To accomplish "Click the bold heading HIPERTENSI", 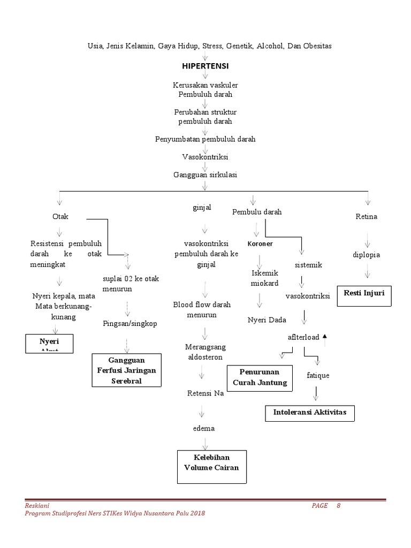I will click(205, 66).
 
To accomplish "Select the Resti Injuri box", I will click(365, 295).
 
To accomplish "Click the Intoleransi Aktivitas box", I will click(310, 413).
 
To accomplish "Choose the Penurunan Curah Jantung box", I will click(260, 377).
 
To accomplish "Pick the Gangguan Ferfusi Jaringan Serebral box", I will click(127, 370).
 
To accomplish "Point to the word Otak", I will click(60, 217).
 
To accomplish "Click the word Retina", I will click(366, 217).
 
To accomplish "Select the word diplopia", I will click(366, 255).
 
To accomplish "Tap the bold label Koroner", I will click(260, 244).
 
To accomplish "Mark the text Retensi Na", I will click(205, 393).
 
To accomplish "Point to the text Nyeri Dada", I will click(267, 320).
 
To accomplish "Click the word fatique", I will click(318, 375).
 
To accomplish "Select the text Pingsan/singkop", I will click(130, 324).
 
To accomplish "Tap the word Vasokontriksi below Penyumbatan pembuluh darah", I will click(205, 157).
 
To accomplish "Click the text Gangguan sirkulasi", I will click(205, 174).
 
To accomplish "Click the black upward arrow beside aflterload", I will click(324, 336).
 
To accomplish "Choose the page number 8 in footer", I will click(339, 506).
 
